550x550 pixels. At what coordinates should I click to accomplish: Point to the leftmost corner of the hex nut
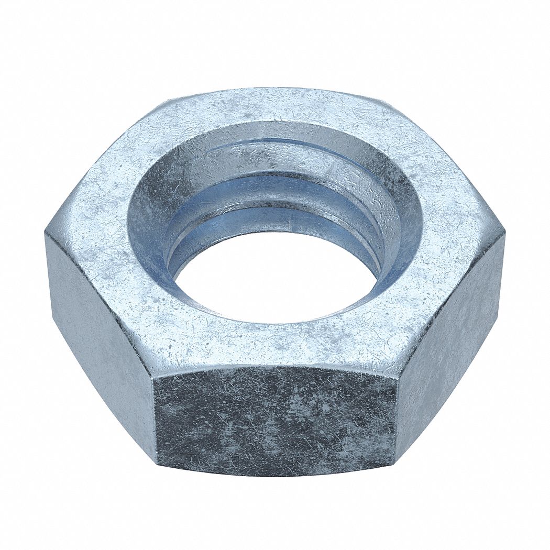click(x=46, y=234)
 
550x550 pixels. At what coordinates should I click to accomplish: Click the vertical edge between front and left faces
click(x=156, y=414)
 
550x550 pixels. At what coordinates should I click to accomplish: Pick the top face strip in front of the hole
click(x=275, y=343)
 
